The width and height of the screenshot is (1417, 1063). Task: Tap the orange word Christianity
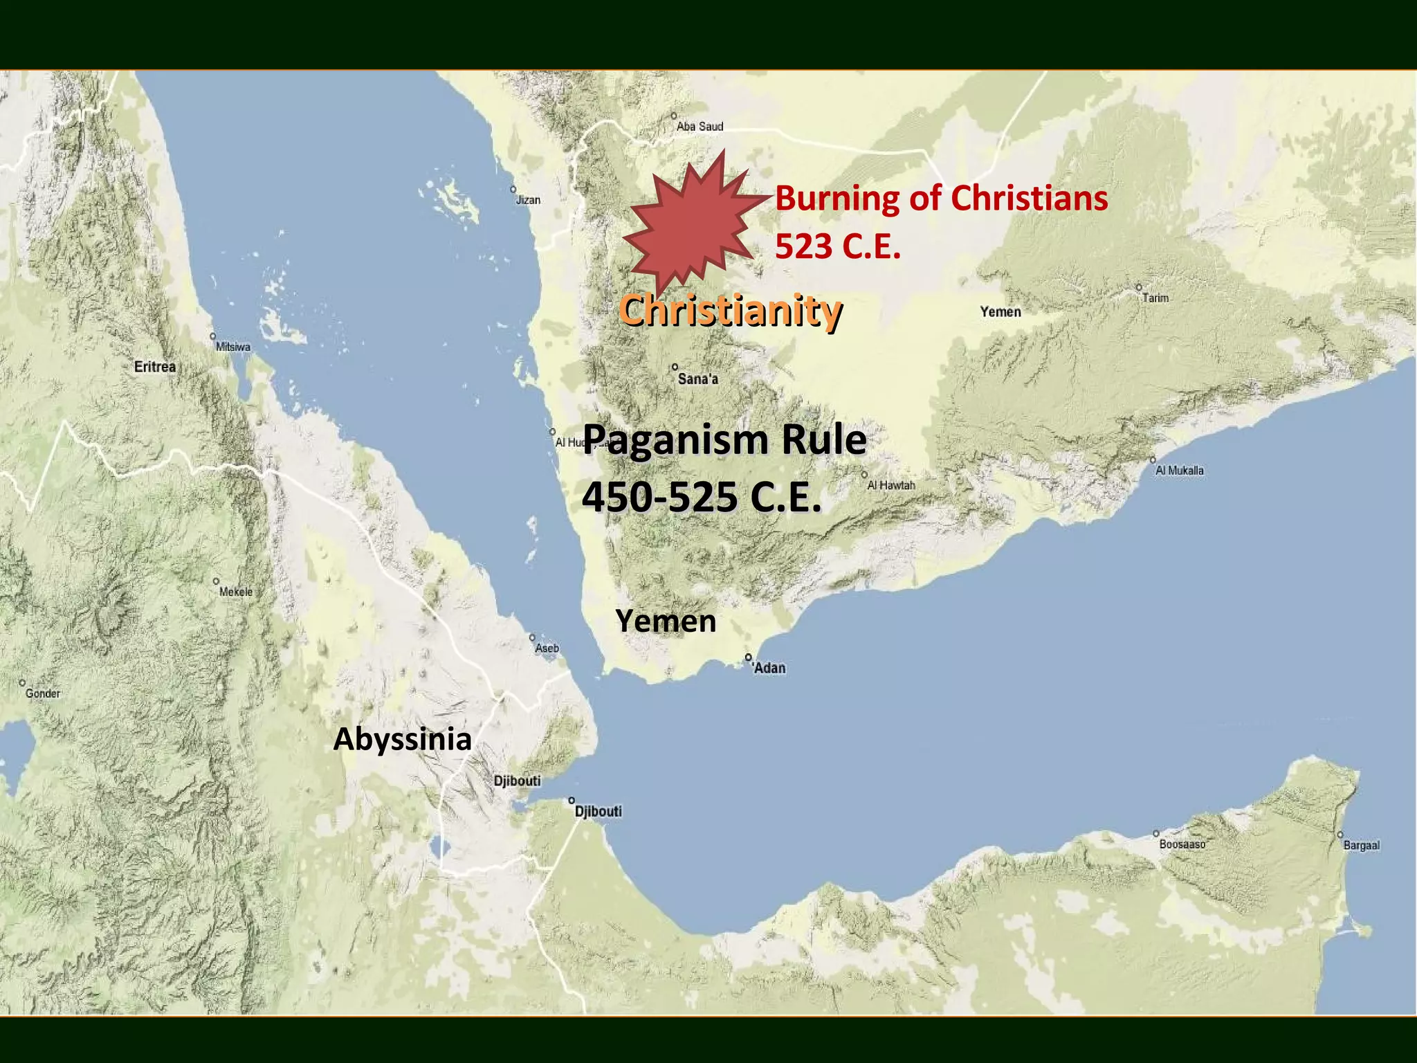731,310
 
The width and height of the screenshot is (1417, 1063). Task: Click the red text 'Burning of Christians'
941,198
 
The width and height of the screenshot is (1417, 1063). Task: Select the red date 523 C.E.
838,246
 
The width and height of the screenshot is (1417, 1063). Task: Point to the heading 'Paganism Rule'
724,439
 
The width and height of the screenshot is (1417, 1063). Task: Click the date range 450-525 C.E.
702,497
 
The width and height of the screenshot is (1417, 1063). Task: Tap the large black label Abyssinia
403,739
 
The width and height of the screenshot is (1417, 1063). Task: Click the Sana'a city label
697,379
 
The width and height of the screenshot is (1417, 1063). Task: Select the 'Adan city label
769,668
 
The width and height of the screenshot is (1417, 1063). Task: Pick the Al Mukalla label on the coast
1180,471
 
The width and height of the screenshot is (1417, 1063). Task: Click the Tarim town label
1155,298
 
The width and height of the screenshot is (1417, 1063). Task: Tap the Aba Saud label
700,127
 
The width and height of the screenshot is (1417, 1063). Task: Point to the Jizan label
528,200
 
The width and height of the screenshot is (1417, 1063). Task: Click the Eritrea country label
155,367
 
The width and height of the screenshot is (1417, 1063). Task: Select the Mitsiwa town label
233,347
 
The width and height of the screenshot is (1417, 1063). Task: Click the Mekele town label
236,592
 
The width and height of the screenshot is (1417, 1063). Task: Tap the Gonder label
43,693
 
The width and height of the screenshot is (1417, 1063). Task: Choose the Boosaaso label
1182,844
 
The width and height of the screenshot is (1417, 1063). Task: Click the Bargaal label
1361,845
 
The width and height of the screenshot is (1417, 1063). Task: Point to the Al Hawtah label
891,485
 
